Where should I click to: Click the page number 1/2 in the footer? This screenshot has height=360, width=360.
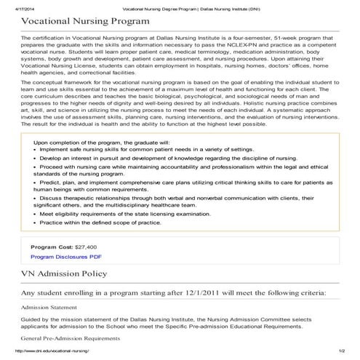[341, 353]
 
